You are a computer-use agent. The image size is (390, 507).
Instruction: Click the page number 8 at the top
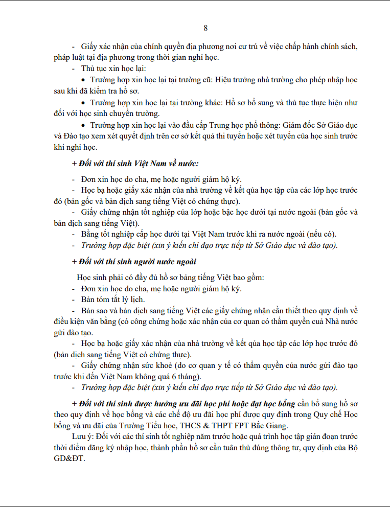click(x=205, y=28)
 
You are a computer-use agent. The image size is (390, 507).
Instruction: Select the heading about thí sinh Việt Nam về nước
click(x=135, y=164)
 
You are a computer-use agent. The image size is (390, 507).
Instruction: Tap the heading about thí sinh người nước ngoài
click(x=134, y=262)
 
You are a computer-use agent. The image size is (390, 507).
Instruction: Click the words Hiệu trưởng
click(x=233, y=80)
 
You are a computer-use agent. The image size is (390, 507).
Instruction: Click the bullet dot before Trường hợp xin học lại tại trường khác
click(x=84, y=103)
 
